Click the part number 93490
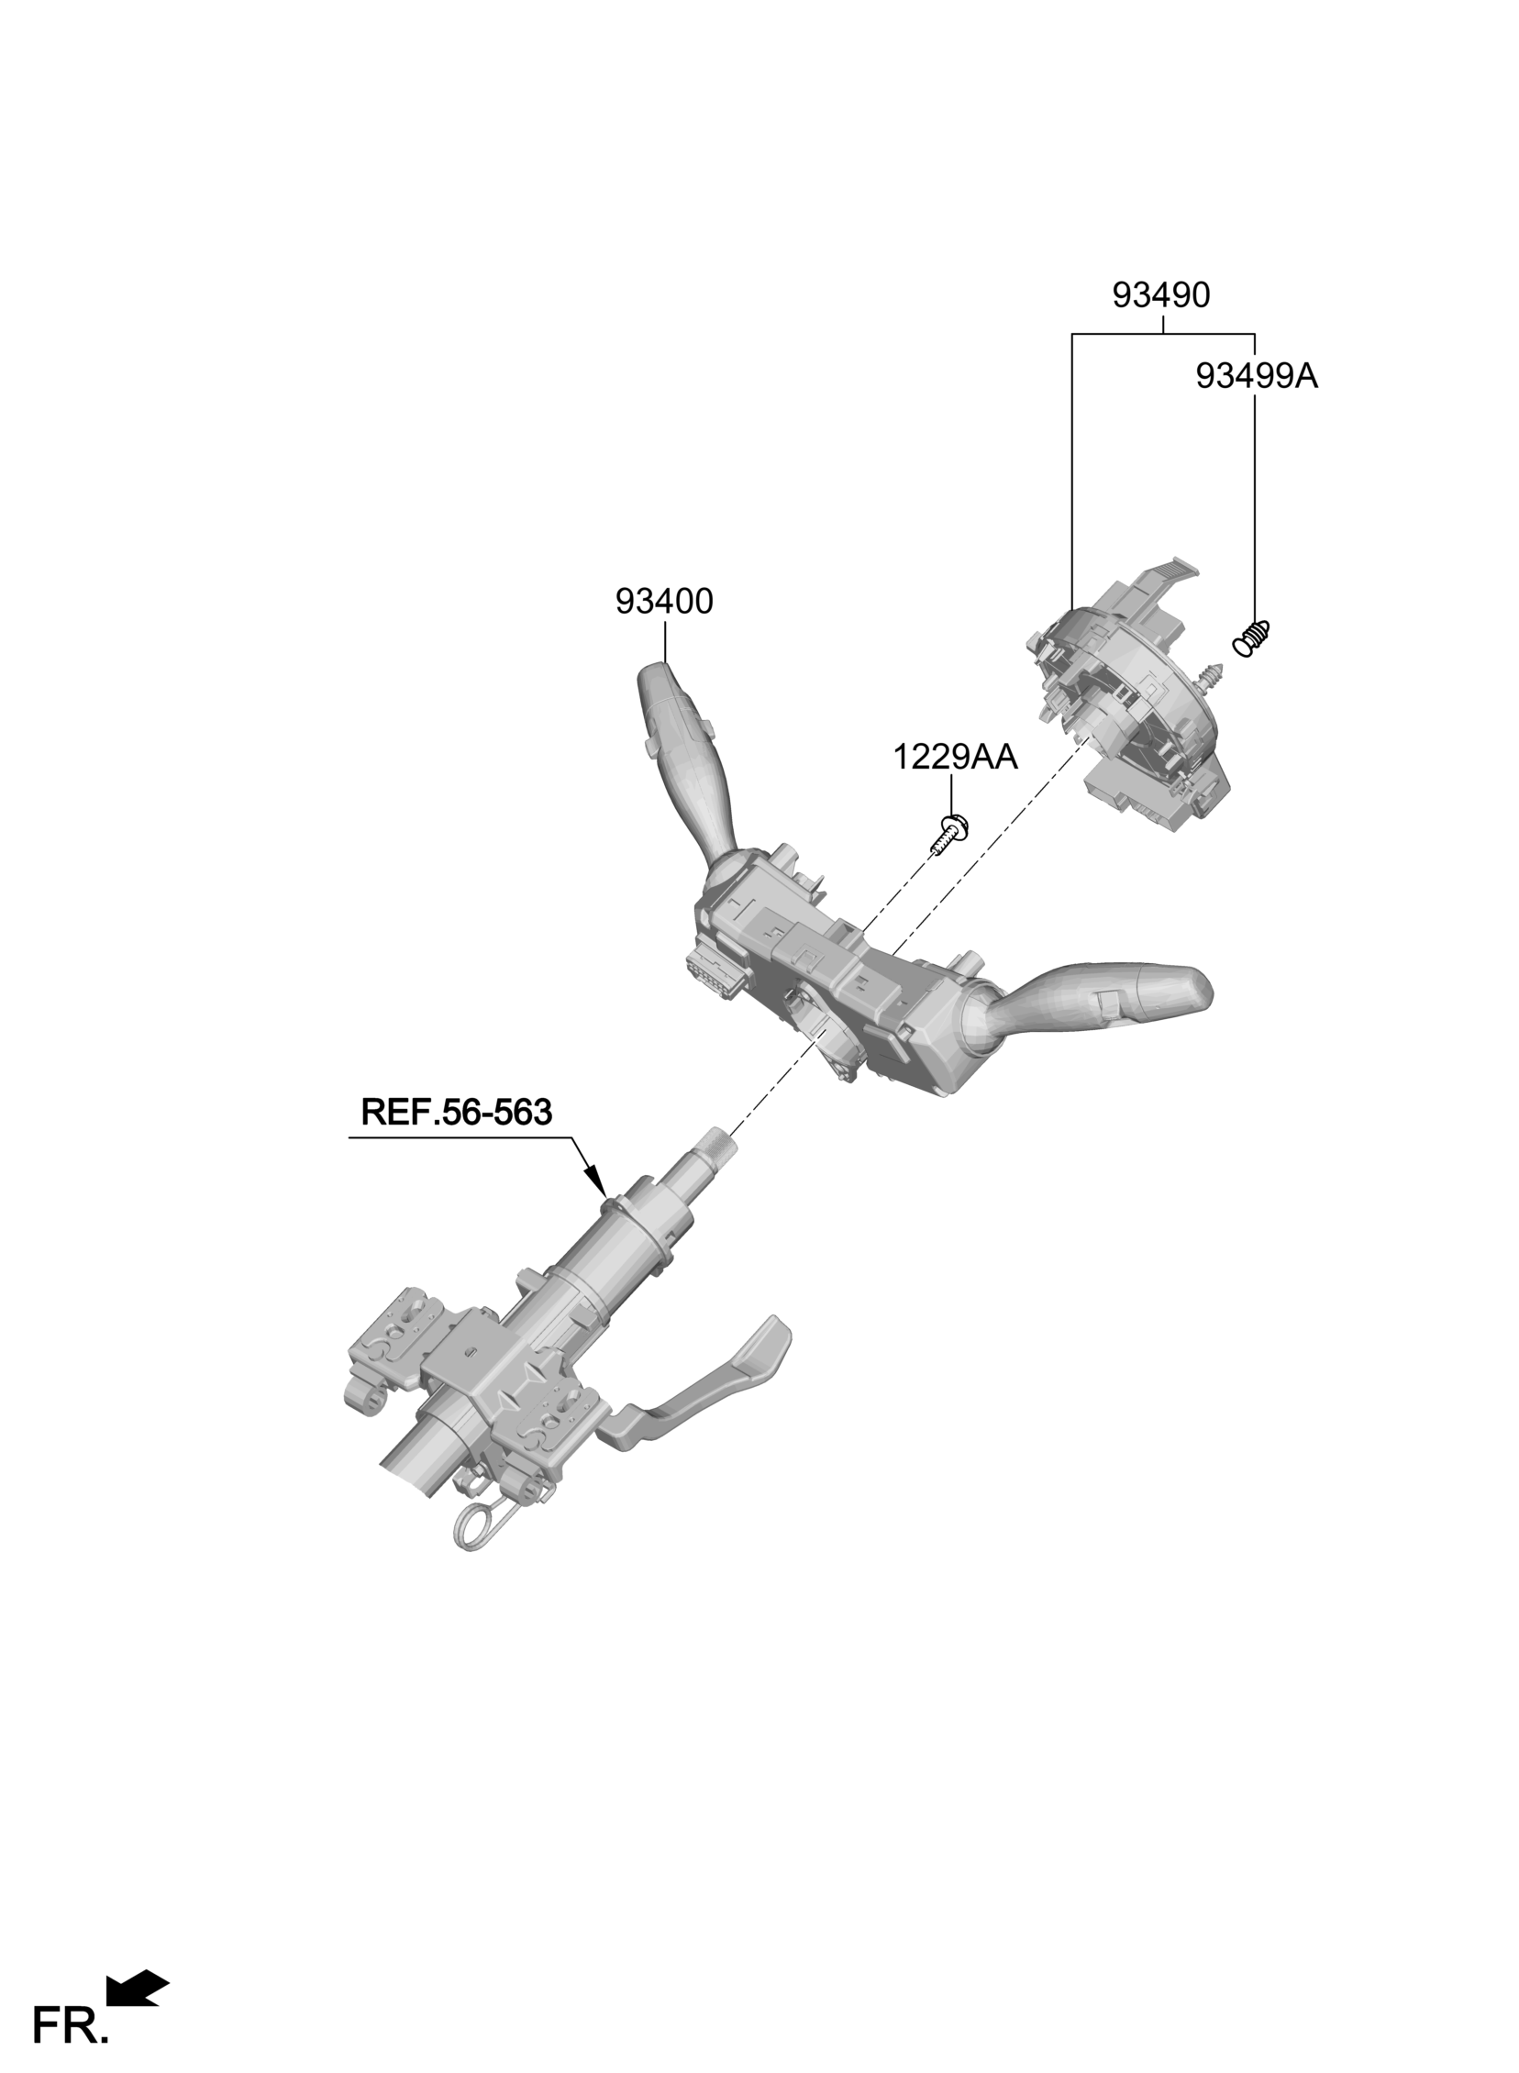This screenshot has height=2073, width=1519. click(x=1160, y=295)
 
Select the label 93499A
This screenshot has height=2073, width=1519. click(x=1256, y=376)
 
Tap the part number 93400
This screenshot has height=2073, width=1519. click(x=664, y=602)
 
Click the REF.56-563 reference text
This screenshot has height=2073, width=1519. click(x=456, y=1112)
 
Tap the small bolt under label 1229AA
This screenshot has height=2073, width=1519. click(x=947, y=835)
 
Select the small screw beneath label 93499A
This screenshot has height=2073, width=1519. click(x=1250, y=638)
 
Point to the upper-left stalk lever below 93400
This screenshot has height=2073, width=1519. click(x=685, y=754)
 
